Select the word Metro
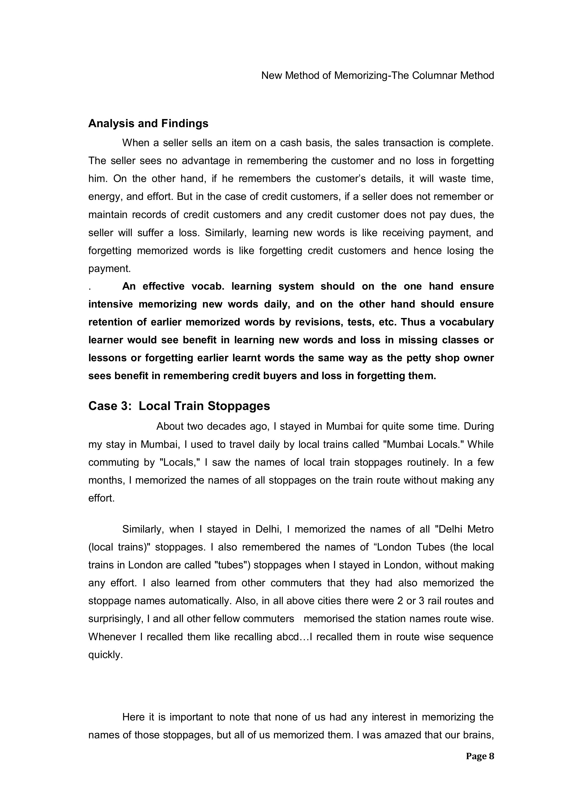click(x=480, y=529)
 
